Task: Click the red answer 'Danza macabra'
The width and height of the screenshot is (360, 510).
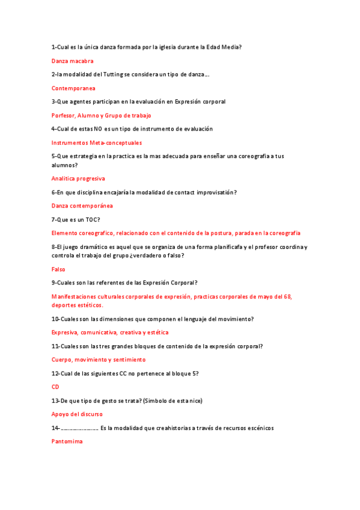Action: point(72,61)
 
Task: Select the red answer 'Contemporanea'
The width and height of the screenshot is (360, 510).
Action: point(73,88)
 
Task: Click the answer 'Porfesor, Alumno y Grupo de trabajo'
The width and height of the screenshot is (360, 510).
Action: point(101,115)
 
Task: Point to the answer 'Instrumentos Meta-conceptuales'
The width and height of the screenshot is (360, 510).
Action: point(97,143)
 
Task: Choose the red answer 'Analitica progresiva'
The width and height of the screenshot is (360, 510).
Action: point(78,179)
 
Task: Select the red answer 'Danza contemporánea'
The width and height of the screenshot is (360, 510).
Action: point(82,206)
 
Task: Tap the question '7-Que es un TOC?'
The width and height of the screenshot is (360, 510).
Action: point(76,220)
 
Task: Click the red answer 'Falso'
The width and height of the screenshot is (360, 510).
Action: point(58,269)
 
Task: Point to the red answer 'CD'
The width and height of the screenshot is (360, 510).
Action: point(55,387)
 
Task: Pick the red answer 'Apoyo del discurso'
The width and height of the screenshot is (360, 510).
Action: point(77,414)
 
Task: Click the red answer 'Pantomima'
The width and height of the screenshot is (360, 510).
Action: point(67,441)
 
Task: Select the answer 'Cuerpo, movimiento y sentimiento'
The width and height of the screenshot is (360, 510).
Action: point(99,360)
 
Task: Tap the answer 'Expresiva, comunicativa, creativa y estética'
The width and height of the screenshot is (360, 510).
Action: point(110,332)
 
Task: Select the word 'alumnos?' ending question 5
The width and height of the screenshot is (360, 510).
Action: point(64,165)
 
